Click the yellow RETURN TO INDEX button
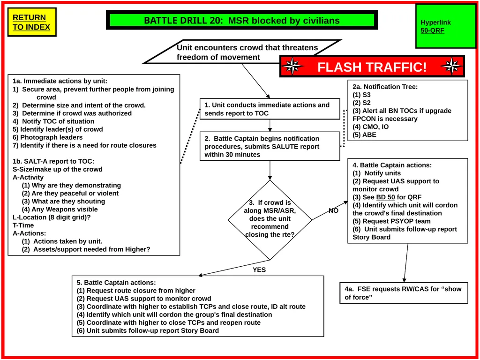[32, 22]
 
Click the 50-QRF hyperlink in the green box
[432, 30]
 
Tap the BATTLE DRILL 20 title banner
[242, 20]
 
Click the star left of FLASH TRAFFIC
[292, 66]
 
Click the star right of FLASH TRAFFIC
[452, 66]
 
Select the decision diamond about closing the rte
[270, 220]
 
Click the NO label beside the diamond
[333, 210]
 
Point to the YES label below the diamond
[259, 270]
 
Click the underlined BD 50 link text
[385, 197]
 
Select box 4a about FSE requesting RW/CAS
[404, 293]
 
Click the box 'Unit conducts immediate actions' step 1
[270, 109]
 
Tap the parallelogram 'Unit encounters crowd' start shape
[242, 52]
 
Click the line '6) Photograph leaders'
[47, 137]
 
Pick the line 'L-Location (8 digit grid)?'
[52, 217]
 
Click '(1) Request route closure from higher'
[136, 291]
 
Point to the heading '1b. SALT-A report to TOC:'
[53, 161]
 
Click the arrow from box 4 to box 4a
[406, 262]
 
